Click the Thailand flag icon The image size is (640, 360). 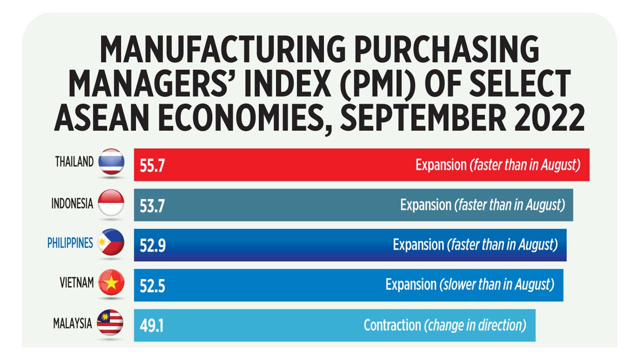coord(111,161)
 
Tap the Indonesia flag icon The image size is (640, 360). coord(111,203)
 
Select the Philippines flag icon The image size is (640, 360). coord(111,243)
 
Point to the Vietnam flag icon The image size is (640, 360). coord(111,283)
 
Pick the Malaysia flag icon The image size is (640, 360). coord(110,323)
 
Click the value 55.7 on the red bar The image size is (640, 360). coord(152,165)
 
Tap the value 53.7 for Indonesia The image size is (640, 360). coord(152,205)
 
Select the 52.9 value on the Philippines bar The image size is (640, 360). coord(152,245)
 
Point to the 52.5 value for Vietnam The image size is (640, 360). coord(152,286)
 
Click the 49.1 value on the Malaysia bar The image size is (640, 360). coord(152,326)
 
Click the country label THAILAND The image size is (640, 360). coord(74,161)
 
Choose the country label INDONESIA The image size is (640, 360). coord(72,203)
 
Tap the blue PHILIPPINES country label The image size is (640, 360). coord(70,243)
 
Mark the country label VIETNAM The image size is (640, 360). coord(76,283)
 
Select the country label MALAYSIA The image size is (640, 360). coord(72,323)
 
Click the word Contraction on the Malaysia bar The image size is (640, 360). coord(392,325)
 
